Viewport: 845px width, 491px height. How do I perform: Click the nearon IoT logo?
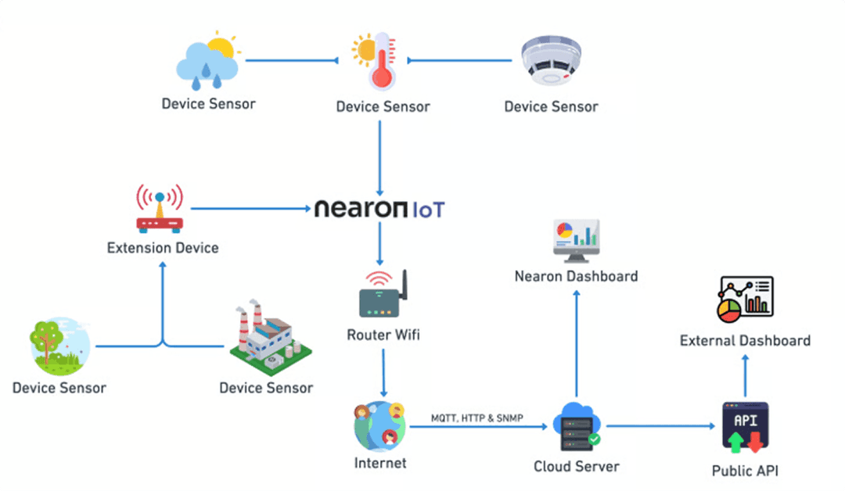click(379, 210)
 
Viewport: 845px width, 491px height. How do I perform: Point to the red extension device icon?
click(160, 210)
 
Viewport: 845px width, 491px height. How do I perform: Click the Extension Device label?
click(163, 249)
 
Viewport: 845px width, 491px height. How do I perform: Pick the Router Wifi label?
click(383, 335)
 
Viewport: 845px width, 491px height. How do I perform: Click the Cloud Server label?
click(576, 467)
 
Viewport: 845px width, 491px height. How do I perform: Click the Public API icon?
click(745, 428)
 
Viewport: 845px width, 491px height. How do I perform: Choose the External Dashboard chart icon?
click(745, 299)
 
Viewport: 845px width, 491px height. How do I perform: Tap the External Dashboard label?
click(745, 341)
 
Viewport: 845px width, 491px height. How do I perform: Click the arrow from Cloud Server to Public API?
click(661, 426)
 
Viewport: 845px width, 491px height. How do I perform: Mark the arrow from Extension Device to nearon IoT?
click(250, 209)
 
